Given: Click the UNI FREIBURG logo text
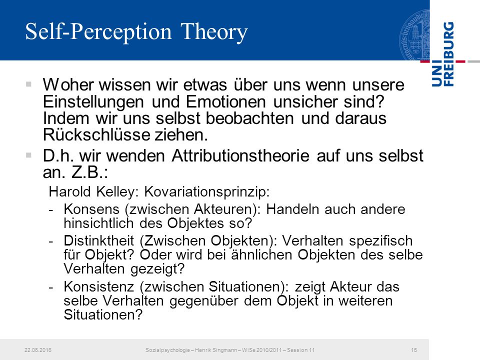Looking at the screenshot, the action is click(x=442, y=54).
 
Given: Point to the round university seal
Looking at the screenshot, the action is click(x=414, y=35).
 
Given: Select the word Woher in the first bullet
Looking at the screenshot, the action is click(x=68, y=84).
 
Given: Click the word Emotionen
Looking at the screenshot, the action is click(x=225, y=101).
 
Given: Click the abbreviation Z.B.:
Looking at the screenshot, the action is click(x=89, y=172).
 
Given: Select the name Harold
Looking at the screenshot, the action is click(x=69, y=192).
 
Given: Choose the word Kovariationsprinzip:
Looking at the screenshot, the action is click(x=206, y=192).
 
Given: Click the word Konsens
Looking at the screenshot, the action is click(x=91, y=209).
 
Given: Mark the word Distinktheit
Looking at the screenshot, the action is click(x=99, y=240).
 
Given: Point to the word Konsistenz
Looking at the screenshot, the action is click(x=99, y=287).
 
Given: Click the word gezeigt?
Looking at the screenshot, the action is click(x=157, y=269).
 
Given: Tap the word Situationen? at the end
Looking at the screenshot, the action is click(x=103, y=314).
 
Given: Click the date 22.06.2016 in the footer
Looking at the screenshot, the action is click(x=38, y=350).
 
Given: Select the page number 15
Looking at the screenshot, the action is click(x=414, y=350).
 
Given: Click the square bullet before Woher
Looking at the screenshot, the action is click(x=29, y=84).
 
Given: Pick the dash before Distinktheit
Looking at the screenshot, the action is click(x=51, y=241).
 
